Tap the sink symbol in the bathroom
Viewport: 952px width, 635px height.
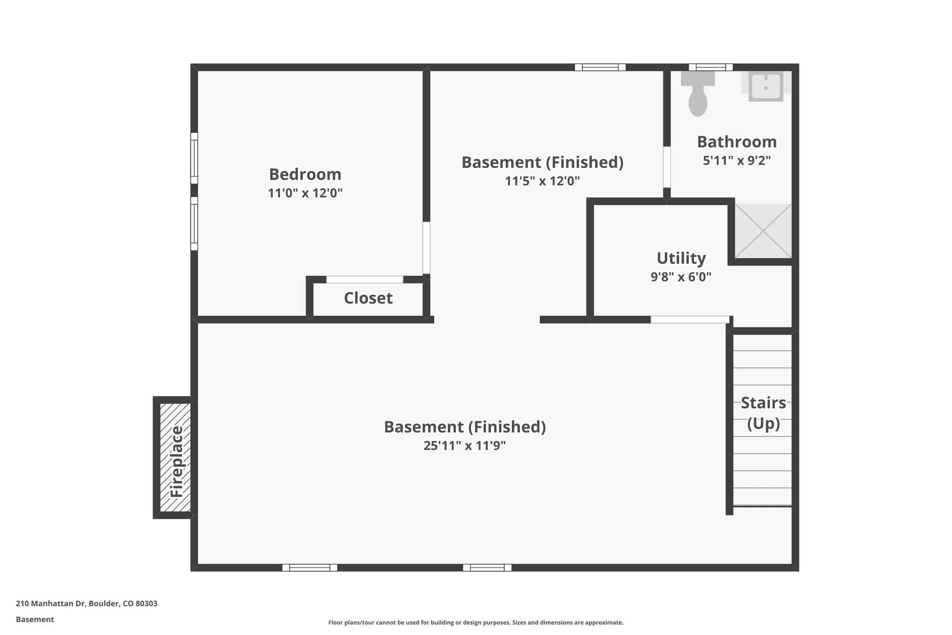(x=766, y=86)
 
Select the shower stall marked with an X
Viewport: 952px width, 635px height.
(x=763, y=231)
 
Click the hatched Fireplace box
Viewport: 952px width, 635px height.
(x=175, y=457)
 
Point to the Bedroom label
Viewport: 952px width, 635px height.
(x=305, y=174)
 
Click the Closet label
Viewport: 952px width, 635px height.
(x=368, y=298)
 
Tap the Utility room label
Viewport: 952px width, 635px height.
(x=681, y=258)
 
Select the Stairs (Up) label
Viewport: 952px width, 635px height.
(x=763, y=413)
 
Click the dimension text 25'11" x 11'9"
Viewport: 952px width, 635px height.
(x=464, y=446)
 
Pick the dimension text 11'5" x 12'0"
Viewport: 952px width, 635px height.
(x=542, y=181)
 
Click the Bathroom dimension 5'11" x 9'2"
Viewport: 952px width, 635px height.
(x=737, y=160)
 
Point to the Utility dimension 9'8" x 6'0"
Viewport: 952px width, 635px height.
(x=681, y=277)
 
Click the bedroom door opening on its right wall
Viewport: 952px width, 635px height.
(x=426, y=248)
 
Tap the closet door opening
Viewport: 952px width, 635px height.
(x=364, y=280)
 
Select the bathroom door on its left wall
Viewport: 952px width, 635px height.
(x=667, y=167)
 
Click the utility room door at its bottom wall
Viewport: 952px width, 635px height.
(x=690, y=320)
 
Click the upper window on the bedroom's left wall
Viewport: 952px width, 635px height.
(x=194, y=158)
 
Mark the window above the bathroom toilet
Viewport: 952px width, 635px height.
(x=710, y=67)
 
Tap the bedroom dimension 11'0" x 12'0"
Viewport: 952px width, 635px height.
(x=305, y=193)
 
